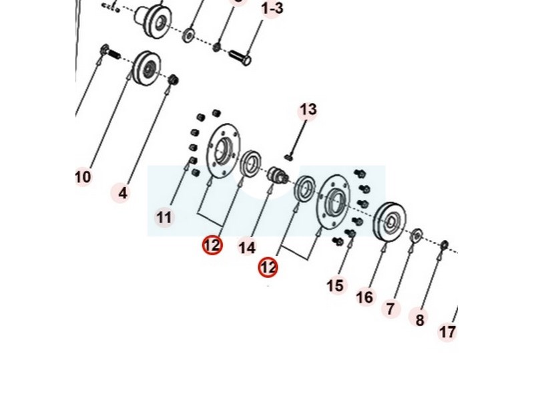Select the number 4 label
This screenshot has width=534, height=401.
pyautogui.click(x=122, y=194)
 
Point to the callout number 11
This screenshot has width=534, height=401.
pyautogui.click(x=164, y=217)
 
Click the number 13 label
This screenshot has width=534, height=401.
pyautogui.click(x=308, y=109)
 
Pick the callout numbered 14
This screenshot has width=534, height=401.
pyautogui.click(x=247, y=247)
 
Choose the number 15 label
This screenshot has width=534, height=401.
pyautogui.click(x=336, y=285)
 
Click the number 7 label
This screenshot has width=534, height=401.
pyautogui.click(x=390, y=309)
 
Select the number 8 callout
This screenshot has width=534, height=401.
pyautogui.click(x=420, y=320)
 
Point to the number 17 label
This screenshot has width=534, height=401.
pyautogui.click(x=447, y=331)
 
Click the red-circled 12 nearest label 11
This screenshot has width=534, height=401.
pyautogui.click(x=212, y=245)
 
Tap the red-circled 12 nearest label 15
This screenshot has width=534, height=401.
pyautogui.click(x=268, y=267)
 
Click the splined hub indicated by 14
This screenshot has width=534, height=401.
pyautogui.click(x=276, y=177)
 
